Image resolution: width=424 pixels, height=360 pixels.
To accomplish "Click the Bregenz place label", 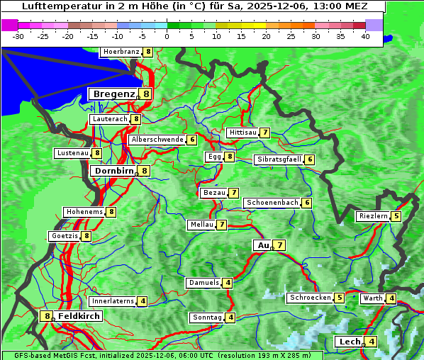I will [113, 94].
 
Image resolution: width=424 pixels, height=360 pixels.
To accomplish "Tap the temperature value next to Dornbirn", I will [145, 171].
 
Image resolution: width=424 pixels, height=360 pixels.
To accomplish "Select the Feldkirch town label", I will [79, 316].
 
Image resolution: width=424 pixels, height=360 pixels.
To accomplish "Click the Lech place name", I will [350, 342].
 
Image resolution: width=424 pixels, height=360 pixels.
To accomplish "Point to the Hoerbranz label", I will [120, 52].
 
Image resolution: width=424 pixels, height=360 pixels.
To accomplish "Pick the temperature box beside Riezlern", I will [396, 216].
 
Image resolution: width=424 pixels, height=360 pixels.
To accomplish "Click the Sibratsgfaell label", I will [279, 159].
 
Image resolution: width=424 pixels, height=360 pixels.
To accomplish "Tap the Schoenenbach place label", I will [272, 203].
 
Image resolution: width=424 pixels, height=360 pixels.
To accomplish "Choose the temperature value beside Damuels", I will [228, 283].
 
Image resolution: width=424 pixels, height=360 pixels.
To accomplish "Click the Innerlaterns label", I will [113, 301].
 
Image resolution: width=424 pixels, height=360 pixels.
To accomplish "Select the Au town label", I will [262, 245].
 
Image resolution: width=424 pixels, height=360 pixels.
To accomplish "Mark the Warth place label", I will [372, 298].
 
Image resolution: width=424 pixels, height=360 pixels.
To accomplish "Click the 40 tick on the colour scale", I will [365, 36].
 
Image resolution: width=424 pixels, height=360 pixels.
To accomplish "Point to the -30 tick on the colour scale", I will [19, 36].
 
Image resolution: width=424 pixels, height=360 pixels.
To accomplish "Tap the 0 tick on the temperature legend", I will [167, 36].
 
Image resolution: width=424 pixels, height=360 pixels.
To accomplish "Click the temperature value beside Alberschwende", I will [192, 140].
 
